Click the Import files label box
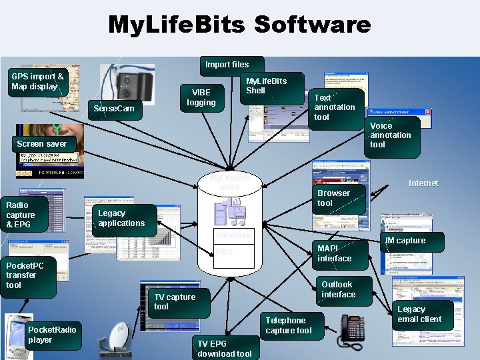click(x=227, y=65)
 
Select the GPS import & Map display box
click(x=37, y=82)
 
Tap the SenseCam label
click(x=115, y=109)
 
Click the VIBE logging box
click(x=201, y=97)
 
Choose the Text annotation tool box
click(x=335, y=107)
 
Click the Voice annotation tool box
click(x=392, y=135)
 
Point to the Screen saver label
click(x=42, y=143)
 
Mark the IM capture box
click(x=405, y=241)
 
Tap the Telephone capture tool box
click(x=289, y=325)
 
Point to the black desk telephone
click(x=351, y=329)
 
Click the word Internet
click(x=423, y=183)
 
